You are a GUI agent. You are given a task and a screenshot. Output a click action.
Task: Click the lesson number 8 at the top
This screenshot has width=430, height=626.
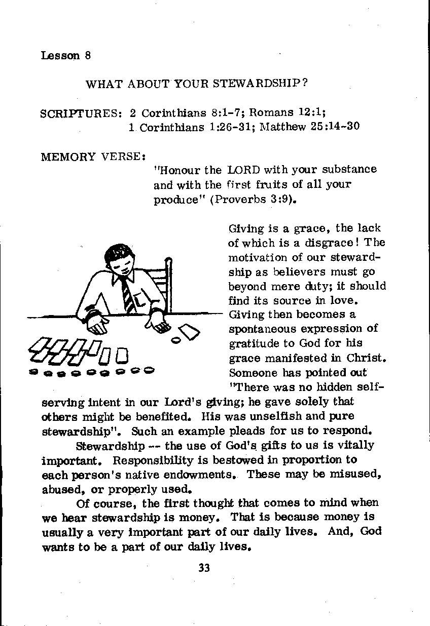[88, 56]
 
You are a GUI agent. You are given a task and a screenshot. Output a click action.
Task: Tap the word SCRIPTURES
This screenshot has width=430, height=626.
[81, 113]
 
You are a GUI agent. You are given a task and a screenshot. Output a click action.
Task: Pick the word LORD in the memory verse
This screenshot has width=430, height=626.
[243, 170]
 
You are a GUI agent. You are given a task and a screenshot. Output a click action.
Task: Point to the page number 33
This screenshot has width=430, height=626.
[204, 568]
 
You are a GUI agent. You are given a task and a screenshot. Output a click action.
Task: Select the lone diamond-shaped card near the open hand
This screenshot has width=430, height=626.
[190, 332]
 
